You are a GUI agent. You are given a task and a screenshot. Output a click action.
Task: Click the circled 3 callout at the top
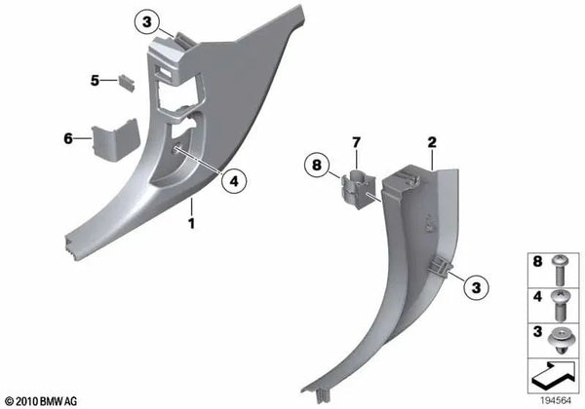(144, 21)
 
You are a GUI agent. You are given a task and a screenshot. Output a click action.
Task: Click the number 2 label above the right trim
(431, 142)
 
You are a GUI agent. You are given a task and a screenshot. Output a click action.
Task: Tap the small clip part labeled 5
(126, 81)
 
